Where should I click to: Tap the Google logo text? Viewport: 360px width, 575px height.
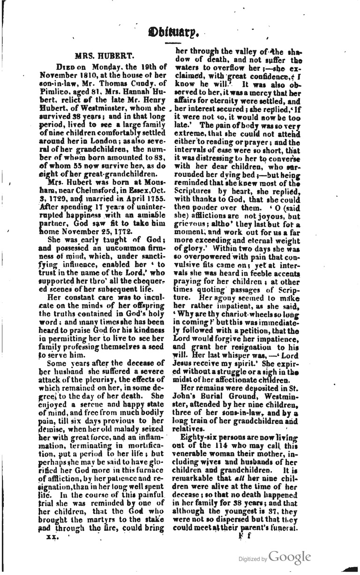coord(290,557)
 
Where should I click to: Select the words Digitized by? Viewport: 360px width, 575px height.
coord(253,559)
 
